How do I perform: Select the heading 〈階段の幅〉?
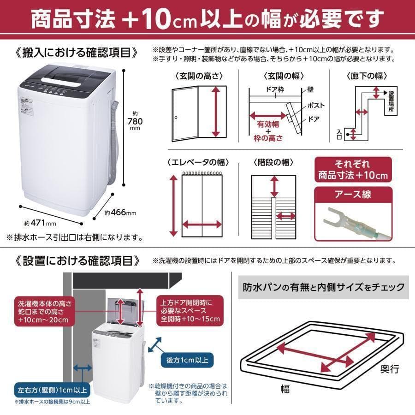coord(274,162)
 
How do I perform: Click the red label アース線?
coord(353,194)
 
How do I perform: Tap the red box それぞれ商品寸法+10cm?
coord(353,170)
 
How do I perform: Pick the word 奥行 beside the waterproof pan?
coord(389,369)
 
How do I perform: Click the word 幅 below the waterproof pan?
coord(285,389)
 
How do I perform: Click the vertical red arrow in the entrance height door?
coord(215,112)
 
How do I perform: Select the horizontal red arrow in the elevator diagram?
coord(202,225)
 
